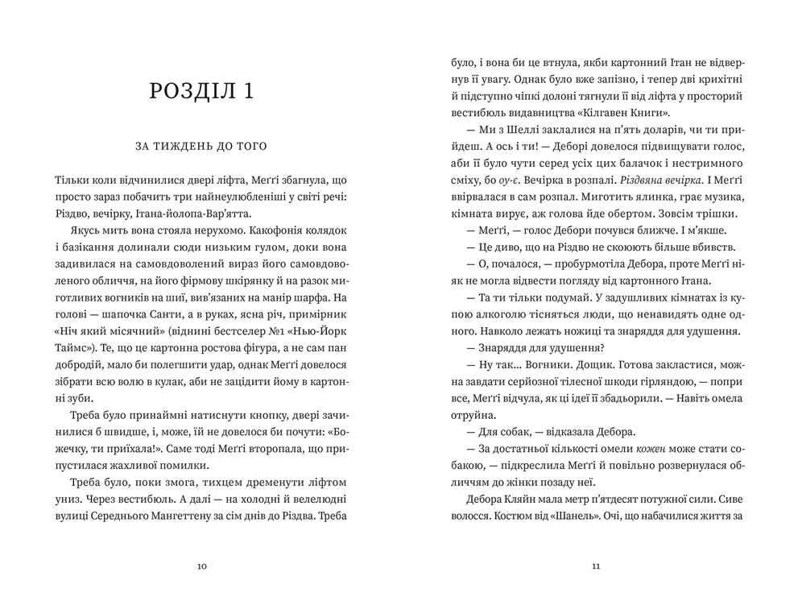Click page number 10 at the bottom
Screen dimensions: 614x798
(x=201, y=566)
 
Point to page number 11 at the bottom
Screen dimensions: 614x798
(x=596, y=566)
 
